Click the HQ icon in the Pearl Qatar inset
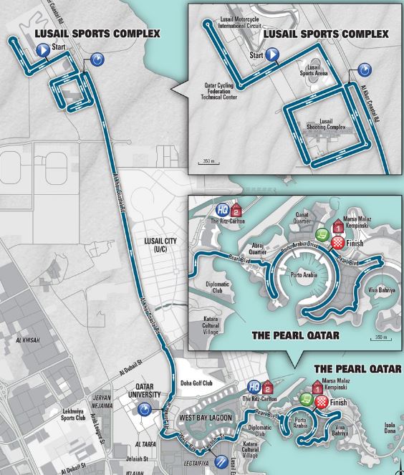[x=223, y=209]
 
